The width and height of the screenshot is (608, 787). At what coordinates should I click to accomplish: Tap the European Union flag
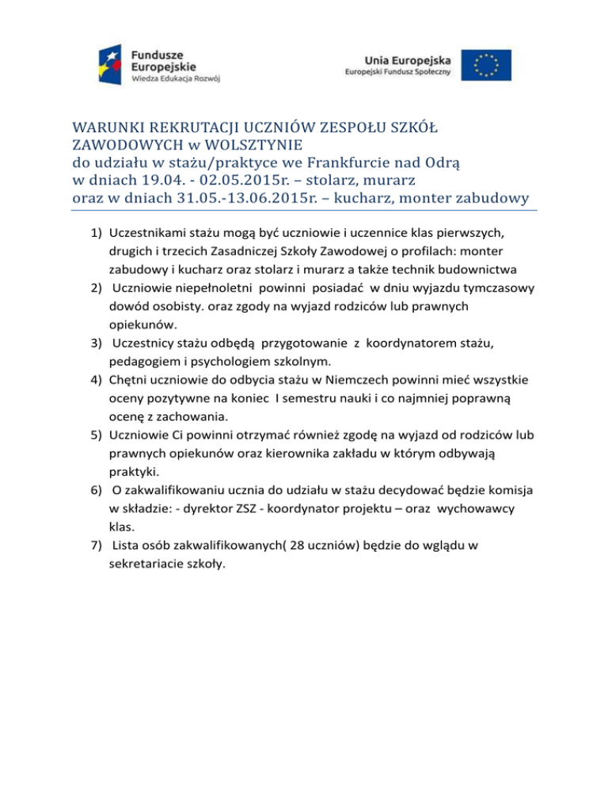486,66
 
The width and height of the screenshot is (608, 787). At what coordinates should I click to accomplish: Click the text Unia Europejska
408,60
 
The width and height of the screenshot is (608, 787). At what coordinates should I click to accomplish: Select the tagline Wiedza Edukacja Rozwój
176,80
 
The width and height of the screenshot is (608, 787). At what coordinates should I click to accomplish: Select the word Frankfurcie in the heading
349,162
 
